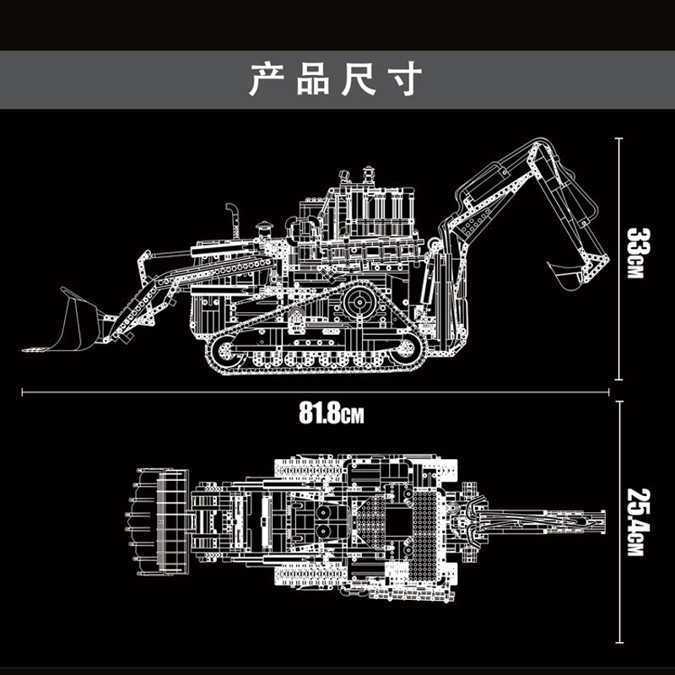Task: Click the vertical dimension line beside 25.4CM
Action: click(x=619, y=521)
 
